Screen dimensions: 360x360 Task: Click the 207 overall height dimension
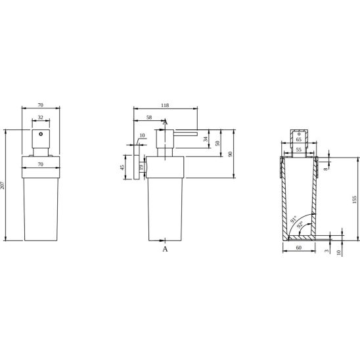pos(2,185)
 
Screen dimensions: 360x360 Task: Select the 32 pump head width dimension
pos(41,118)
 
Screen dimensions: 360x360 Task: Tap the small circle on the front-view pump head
pos(41,134)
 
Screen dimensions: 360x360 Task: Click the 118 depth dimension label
pos(165,105)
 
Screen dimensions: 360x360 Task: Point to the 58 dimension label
pos(149,118)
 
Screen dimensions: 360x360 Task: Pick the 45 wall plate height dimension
pos(122,168)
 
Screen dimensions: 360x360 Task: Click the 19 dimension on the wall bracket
pos(141,167)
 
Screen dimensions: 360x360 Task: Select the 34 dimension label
pos(206,139)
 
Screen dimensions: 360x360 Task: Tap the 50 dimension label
pos(217,143)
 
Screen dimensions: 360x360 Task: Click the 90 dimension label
pos(231,154)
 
